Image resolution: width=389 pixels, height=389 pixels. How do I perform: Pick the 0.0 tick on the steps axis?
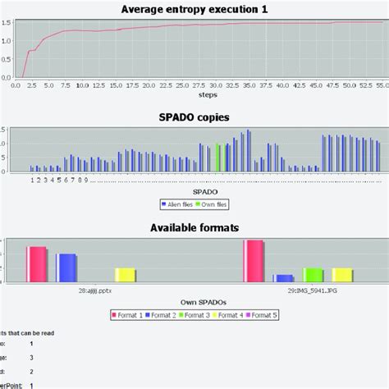click(16, 84)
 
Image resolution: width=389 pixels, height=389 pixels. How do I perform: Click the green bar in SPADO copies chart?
click(218, 157)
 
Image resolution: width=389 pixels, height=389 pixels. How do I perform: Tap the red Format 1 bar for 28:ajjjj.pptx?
click(37, 263)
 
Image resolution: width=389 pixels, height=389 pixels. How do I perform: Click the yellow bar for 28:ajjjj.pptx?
click(125, 274)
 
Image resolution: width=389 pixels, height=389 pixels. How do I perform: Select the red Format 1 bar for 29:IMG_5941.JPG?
click(254, 260)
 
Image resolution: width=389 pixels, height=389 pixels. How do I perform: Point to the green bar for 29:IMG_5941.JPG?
click(313, 274)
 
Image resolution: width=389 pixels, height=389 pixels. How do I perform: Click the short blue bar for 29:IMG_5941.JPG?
click(283, 277)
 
